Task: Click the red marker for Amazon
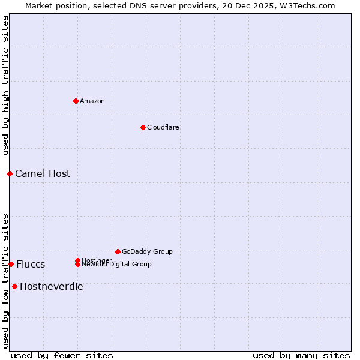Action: point(76,101)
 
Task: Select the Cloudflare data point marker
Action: point(143,127)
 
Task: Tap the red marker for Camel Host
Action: point(10,173)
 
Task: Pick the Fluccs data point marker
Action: point(11,264)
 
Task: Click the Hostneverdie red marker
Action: point(14,286)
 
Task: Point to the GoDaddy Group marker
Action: point(118,251)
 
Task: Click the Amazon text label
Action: point(92,101)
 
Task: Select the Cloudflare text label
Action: point(163,127)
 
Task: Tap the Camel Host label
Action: point(43,174)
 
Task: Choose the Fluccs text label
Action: point(31,265)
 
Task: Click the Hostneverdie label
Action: point(52,287)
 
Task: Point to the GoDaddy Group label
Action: point(147,251)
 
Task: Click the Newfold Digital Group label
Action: point(116,265)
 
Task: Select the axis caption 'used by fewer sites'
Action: point(62,355)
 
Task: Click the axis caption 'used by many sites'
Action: point(301,355)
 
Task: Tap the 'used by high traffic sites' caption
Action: point(6,85)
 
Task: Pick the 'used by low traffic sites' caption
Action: point(6,280)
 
